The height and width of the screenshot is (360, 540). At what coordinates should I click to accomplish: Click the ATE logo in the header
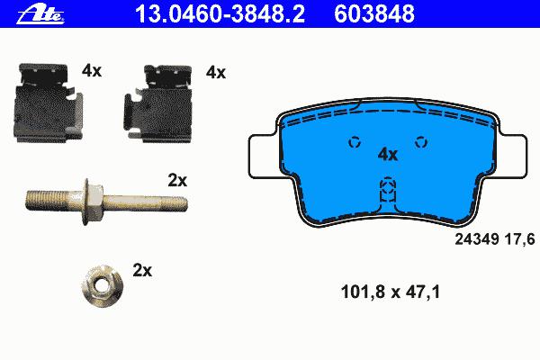point(40,15)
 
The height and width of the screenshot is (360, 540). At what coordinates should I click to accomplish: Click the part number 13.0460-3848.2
point(220,14)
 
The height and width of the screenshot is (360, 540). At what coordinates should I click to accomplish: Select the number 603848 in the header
point(374,14)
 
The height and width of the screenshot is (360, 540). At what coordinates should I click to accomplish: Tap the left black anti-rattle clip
point(48,103)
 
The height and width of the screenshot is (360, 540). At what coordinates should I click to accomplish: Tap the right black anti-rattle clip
point(157,103)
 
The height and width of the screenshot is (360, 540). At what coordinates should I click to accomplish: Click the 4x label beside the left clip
point(92,71)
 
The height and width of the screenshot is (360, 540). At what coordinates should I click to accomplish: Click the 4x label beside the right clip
point(216,73)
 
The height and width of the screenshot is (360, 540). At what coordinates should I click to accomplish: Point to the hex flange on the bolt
point(93,202)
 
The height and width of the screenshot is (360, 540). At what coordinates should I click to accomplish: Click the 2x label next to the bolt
point(177,180)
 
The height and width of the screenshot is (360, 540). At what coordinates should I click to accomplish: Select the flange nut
point(103,285)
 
